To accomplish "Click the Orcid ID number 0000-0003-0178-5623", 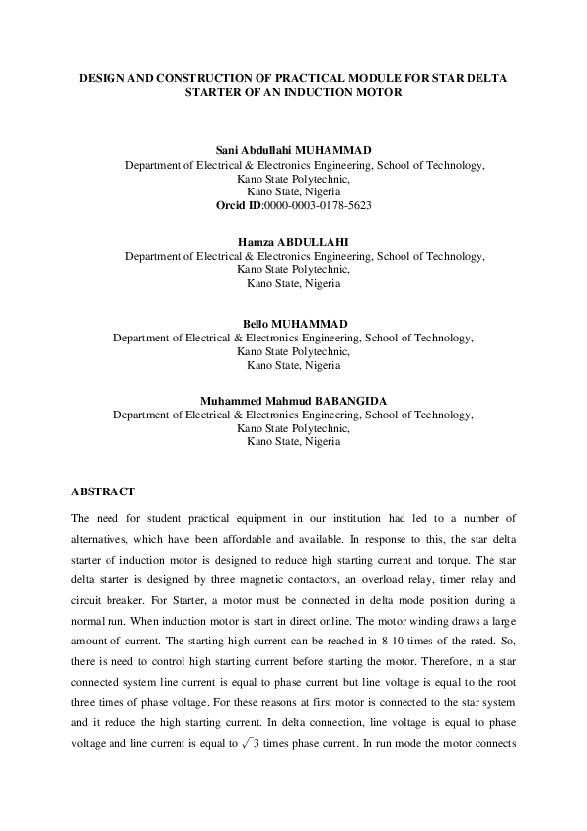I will [x=318, y=204].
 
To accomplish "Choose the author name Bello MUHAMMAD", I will [x=293, y=324].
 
